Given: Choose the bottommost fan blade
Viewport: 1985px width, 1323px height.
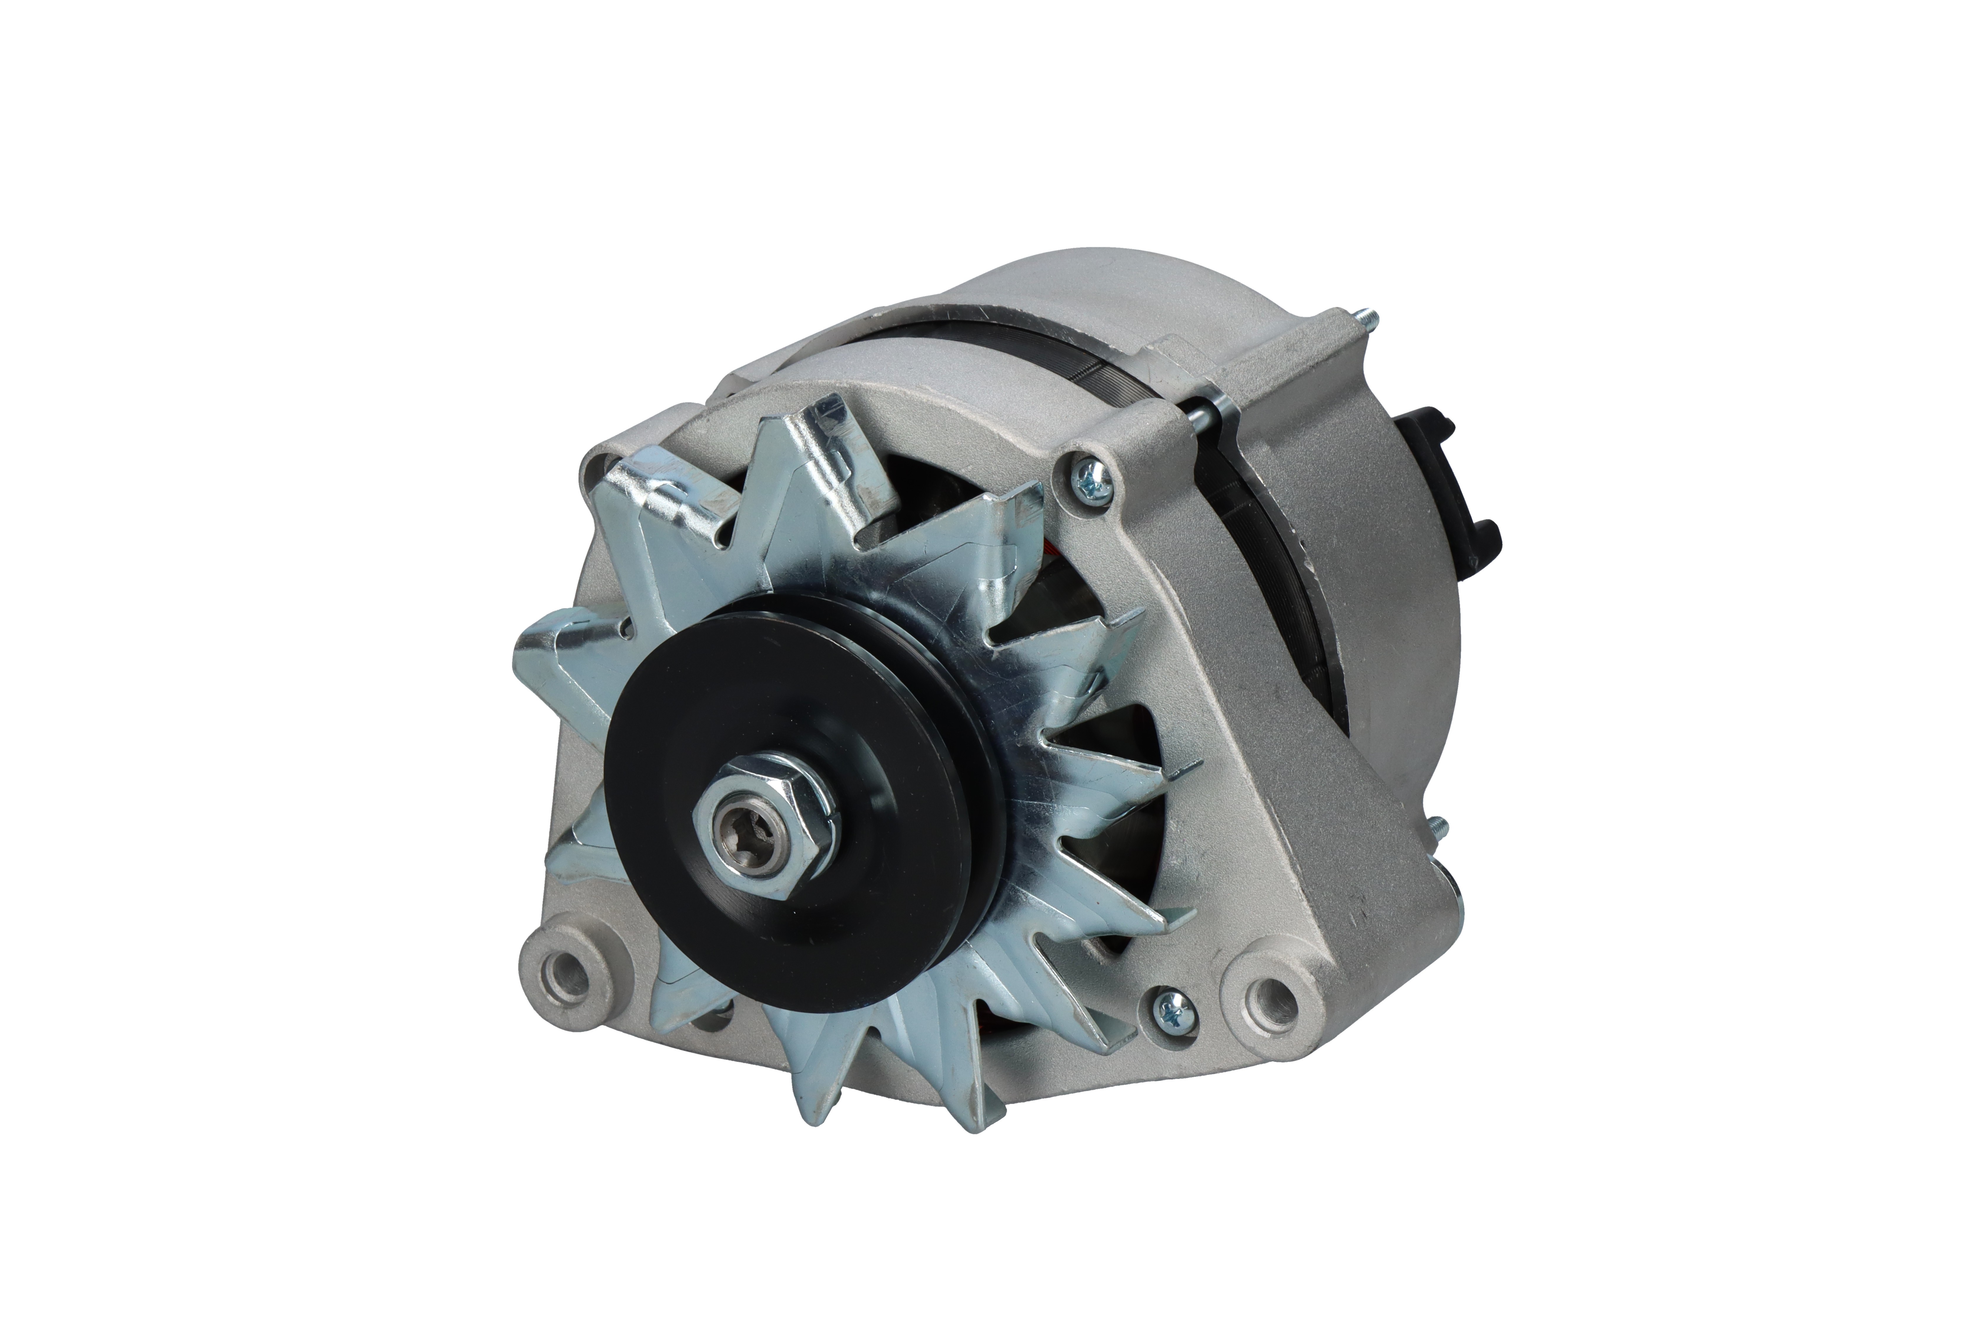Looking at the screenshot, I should [823, 1122].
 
